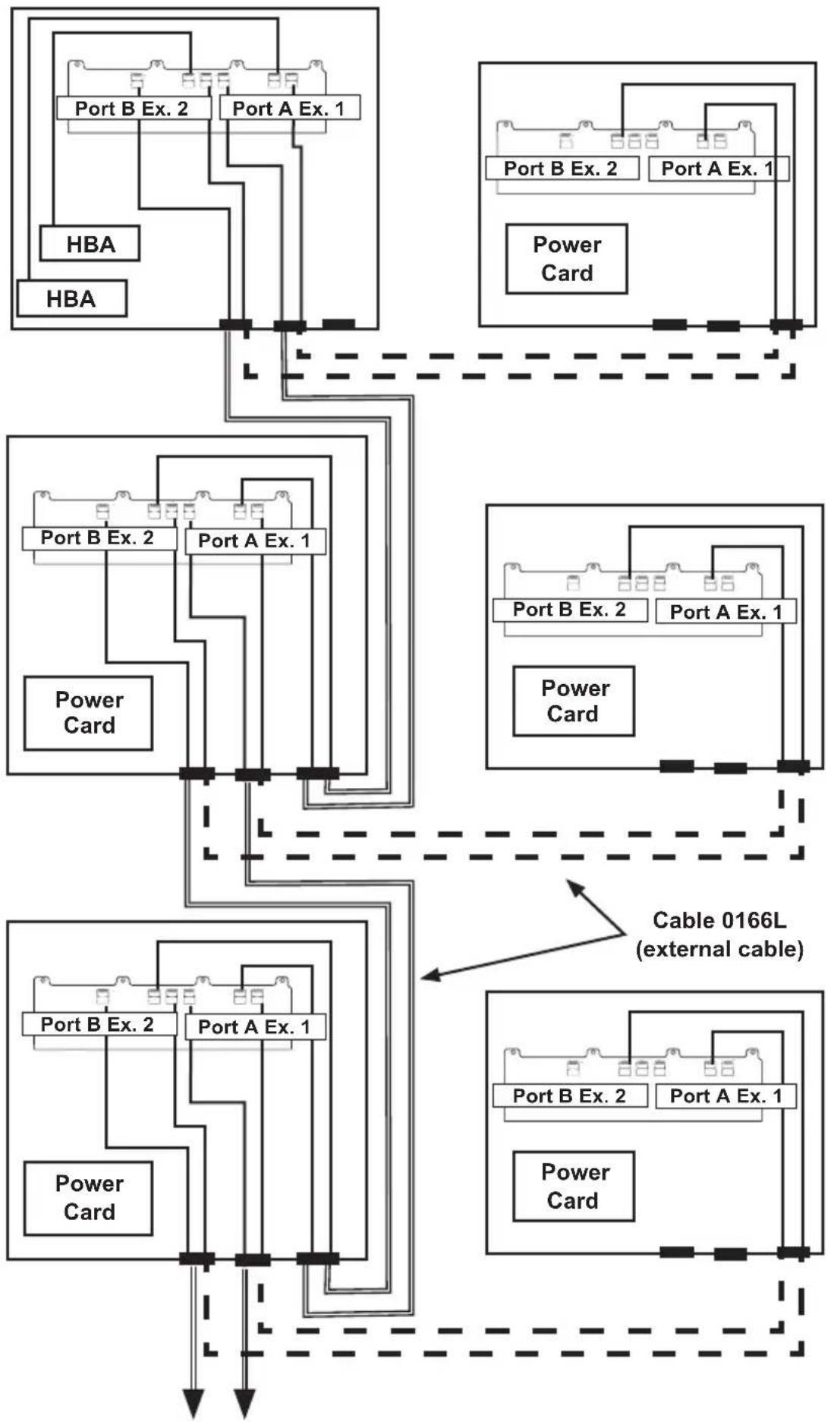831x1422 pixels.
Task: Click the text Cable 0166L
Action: click(x=719, y=920)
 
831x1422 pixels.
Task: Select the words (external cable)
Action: click(x=719, y=949)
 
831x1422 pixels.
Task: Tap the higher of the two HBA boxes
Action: click(x=90, y=244)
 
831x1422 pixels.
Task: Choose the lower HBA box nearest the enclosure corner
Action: click(x=71, y=298)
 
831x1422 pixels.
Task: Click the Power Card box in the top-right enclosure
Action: click(x=567, y=259)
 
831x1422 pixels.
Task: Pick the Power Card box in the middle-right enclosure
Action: click(x=574, y=702)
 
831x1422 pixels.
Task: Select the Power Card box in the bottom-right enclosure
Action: click(x=574, y=1186)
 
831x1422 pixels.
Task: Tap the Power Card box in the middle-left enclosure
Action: click(x=88, y=713)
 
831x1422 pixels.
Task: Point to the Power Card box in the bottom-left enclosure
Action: click(x=88, y=1198)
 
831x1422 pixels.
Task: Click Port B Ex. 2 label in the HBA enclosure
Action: click(x=133, y=108)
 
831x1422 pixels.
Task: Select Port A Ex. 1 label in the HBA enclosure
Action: click(x=289, y=109)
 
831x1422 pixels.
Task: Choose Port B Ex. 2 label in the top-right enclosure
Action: click(x=562, y=169)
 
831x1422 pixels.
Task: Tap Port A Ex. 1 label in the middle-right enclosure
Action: click(x=726, y=612)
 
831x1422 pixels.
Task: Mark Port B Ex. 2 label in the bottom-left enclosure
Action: click(x=99, y=1024)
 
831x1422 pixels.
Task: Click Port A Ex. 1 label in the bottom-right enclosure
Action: click(x=726, y=1096)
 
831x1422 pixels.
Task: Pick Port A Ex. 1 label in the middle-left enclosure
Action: click(x=255, y=541)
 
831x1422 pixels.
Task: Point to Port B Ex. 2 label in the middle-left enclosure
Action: click(x=99, y=538)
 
